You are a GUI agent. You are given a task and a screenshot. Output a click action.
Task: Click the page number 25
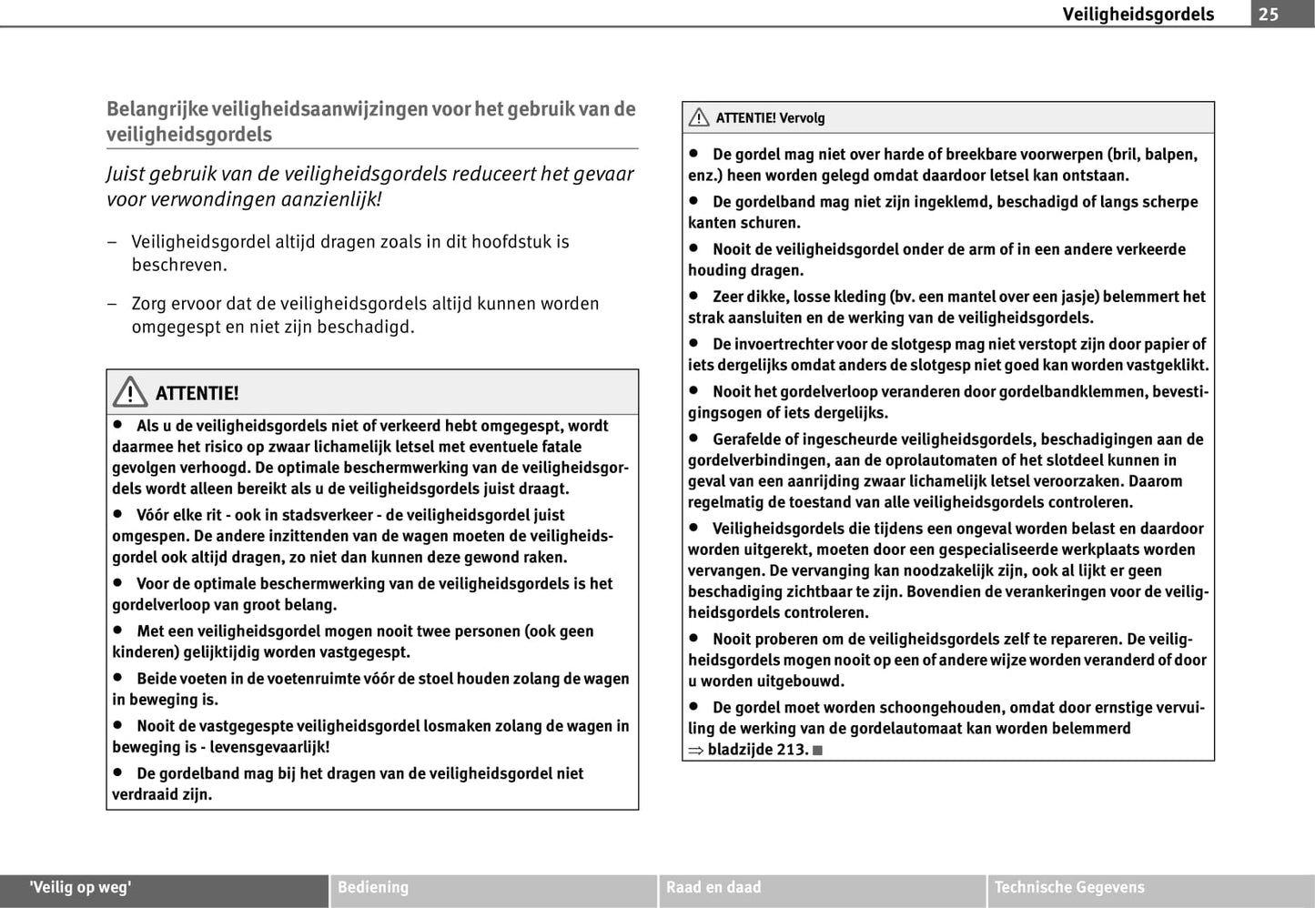1269,14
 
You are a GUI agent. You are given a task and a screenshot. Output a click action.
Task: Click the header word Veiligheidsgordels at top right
1138,14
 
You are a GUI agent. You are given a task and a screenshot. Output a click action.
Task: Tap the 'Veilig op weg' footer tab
81,887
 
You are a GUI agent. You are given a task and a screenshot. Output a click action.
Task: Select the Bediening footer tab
373,887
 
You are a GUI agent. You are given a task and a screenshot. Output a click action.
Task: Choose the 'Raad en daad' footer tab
713,887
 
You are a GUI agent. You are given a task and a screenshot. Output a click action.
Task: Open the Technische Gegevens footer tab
1069,887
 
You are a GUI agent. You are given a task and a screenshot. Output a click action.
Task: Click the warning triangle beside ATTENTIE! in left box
130,392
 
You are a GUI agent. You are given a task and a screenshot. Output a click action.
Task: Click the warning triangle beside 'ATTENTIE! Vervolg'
699,117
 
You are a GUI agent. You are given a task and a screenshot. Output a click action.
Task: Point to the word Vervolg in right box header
802,118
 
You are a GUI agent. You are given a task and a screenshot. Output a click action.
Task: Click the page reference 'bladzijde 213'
757,750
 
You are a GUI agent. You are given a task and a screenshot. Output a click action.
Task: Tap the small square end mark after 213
817,751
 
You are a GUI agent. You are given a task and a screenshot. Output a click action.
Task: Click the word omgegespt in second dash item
176,327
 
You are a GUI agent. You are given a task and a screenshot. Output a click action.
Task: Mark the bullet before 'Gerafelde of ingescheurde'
693,439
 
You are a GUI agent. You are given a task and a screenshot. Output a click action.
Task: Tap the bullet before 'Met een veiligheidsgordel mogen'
117,631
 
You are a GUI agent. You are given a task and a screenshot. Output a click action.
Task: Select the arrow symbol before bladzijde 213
696,751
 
